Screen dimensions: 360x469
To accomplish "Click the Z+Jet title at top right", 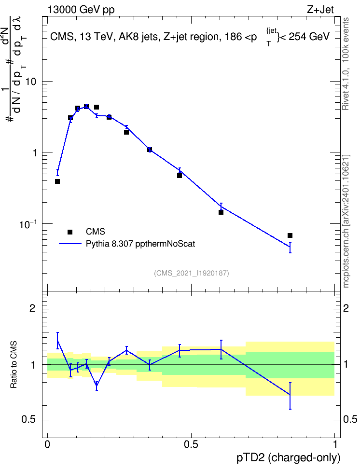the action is click(320, 10).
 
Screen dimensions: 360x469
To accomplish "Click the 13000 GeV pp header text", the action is click(81, 10).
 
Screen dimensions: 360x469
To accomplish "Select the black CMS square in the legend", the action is click(70, 232).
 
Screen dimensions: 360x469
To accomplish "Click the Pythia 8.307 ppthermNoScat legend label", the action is click(140, 244).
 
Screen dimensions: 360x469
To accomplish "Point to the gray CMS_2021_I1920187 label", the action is click(192, 273).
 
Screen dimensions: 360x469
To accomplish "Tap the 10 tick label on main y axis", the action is click(30, 82).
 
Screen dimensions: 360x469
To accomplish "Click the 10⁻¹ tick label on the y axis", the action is click(28, 224).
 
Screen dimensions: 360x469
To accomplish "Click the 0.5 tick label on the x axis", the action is click(191, 444).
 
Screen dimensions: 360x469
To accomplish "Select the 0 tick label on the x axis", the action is click(47, 444).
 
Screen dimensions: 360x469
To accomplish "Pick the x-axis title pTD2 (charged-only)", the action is click(289, 458).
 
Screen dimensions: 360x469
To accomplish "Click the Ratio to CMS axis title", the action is click(14, 365).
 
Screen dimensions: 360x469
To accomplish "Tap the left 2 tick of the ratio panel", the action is click(32, 308).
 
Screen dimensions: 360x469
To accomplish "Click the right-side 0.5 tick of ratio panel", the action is click(350, 420).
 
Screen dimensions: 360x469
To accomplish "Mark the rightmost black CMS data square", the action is click(290, 235).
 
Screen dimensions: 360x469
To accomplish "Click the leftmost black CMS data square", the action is click(57, 181).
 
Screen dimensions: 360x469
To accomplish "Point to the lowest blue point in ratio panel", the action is click(290, 395).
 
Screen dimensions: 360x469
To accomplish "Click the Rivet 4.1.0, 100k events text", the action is click(346, 64).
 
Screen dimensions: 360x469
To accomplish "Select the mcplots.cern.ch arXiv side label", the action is click(346, 221).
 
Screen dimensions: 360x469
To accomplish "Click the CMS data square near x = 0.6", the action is click(221, 212).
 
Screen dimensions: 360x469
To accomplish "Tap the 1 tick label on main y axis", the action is click(34, 153).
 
